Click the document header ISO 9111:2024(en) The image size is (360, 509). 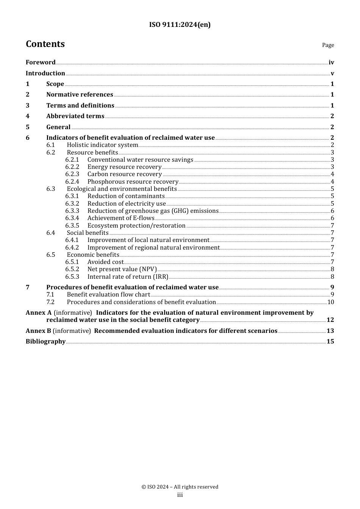tap(180, 25)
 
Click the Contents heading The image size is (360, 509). tap(45, 44)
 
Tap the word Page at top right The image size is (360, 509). tap(328, 45)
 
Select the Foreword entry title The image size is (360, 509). tap(41, 62)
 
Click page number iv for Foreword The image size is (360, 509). tap(331, 62)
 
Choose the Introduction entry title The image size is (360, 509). tap(45, 73)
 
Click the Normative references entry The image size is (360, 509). tap(80, 95)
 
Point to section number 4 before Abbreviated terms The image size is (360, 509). tap(28, 116)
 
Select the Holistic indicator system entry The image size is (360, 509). tap(102, 145)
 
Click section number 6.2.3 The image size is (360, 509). tap(72, 174)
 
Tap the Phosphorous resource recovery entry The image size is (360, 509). tap(133, 182)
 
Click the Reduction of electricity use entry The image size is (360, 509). tap(127, 204)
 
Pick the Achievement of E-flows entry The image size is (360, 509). tap(121, 218)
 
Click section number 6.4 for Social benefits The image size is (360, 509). tap(51, 233)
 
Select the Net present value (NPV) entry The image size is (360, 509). tap(122, 269)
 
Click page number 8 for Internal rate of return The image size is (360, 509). tap(332, 277)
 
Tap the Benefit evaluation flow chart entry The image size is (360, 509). tap(108, 295)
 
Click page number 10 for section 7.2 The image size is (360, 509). tap(330, 302)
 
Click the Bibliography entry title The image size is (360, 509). tap(45, 342)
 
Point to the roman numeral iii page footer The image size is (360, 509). tap(180, 495)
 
